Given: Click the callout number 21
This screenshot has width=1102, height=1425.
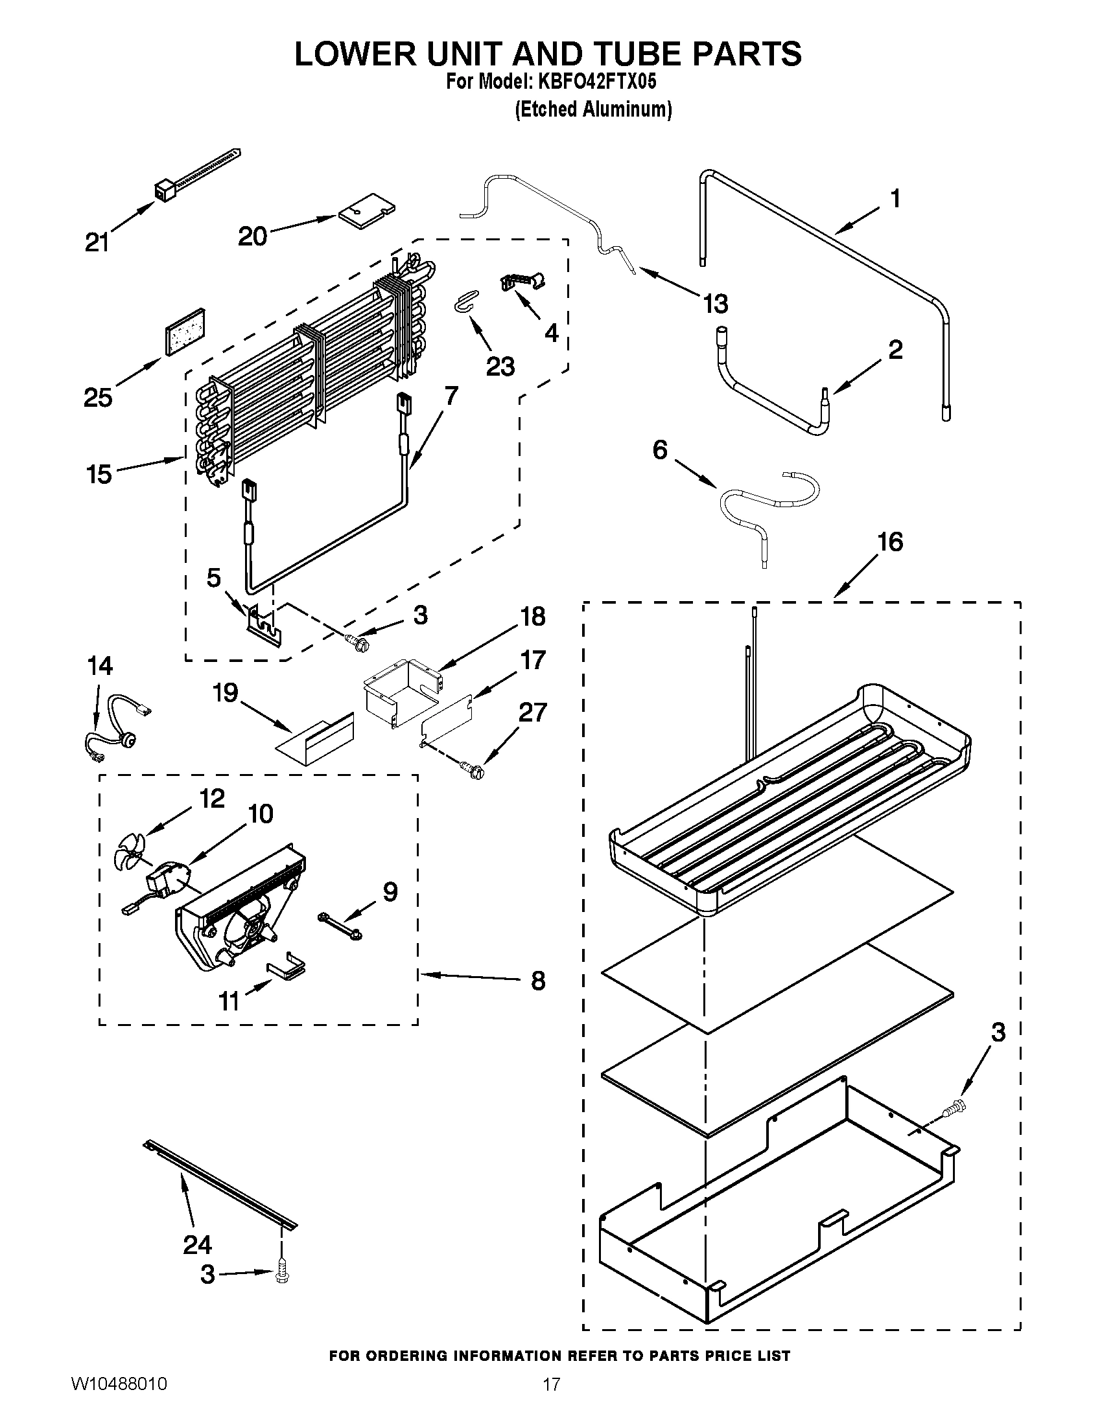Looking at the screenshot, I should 97,243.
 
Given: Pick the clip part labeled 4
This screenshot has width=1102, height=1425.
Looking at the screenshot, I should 522,282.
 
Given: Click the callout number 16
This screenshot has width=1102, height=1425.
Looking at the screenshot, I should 891,541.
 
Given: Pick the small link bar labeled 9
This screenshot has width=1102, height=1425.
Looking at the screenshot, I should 340,926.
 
